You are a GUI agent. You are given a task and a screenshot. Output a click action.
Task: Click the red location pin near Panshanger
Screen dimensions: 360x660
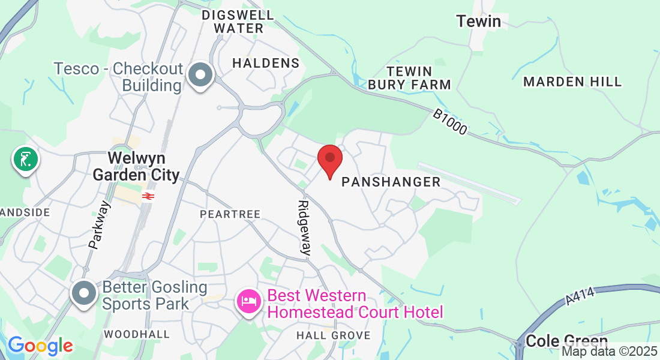[x=329, y=160]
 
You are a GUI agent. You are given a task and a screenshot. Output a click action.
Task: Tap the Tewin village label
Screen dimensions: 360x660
[x=478, y=22]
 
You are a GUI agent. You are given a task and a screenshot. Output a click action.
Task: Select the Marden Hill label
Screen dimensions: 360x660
[x=572, y=82]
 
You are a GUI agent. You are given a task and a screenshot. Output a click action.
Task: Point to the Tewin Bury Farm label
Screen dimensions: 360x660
[x=409, y=78]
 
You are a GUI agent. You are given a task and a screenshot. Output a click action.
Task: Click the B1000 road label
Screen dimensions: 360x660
[x=449, y=122]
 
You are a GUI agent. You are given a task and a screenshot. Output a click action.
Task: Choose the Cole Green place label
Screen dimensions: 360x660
[x=566, y=341]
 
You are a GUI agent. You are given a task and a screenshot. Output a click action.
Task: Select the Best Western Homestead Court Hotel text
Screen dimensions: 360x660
[x=355, y=304]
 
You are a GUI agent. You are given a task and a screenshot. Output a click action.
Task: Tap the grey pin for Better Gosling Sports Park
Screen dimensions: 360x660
[x=84, y=293]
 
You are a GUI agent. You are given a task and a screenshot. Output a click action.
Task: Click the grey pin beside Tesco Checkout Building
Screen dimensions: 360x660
[x=200, y=76]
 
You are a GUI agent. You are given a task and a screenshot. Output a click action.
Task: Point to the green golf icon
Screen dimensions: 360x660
[x=25, y=160]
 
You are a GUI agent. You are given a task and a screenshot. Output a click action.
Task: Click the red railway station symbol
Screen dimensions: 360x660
[x=146, y=196]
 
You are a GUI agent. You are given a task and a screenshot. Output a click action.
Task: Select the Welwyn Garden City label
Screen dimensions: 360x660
[x=136, y=166]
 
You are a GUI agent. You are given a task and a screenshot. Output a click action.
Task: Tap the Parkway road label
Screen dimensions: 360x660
[x=100, y=224]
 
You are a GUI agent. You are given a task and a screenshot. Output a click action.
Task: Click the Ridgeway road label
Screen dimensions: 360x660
[x=305, y=228]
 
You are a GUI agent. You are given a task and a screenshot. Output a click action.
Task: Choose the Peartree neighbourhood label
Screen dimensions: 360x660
[x=230, y=214]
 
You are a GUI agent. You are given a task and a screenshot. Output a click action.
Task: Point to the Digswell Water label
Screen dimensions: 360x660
[x=238, y=21]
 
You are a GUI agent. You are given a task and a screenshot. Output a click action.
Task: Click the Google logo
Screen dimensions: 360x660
[x=40, y=346]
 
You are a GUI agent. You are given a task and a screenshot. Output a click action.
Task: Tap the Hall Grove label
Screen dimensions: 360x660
[x=333, y=335]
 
